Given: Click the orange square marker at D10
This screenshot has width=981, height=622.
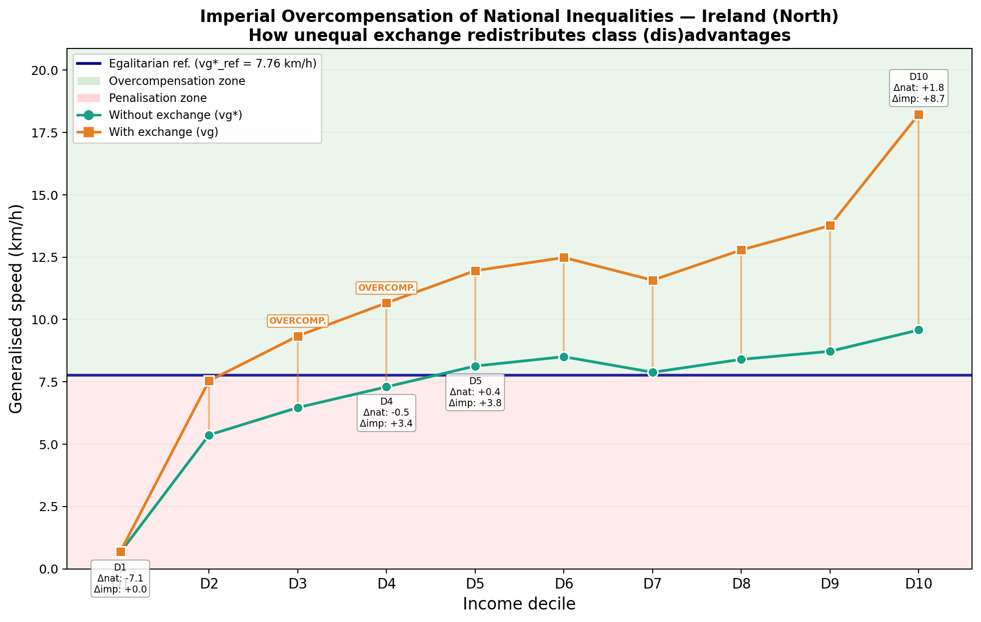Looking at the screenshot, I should click(x=919, y=115).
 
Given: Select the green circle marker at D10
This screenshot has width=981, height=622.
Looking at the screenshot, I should click(x=919, y=330).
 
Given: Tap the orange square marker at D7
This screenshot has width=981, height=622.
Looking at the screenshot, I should click(x=653, y=280).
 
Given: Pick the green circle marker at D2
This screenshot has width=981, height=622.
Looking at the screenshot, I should click(x=209, y=435).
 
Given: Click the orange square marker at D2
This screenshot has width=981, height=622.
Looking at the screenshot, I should click(x=209, y=381).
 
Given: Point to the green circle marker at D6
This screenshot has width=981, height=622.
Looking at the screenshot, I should click(x=564, y=357).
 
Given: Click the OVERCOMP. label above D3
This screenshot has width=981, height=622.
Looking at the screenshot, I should click(x=297, y=321).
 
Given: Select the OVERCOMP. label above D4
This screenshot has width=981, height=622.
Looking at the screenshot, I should click(x=386, y=288).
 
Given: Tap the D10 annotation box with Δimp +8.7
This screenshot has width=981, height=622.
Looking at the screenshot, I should click(x=919, y=88).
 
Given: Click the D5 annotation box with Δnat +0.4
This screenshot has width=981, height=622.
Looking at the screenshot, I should click(x=475, y=392).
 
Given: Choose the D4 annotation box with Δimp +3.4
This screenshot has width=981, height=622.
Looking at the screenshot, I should click(x=386, y=413).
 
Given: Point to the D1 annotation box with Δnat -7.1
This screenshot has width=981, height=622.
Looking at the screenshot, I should click(x=120, y=579).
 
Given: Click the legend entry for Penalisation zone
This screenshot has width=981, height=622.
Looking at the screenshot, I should click(x=157, y=98).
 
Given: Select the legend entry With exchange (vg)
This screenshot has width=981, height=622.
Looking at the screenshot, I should click(x=163, y=132).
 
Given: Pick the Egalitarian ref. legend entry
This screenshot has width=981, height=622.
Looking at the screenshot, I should click(x=212, y=63).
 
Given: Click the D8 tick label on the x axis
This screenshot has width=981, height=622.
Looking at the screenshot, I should click(x=741, y=583).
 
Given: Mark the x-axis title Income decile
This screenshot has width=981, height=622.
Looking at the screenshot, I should click(x=519, y=604).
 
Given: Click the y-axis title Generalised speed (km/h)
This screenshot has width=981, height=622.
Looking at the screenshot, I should click(x=16, y=309).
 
